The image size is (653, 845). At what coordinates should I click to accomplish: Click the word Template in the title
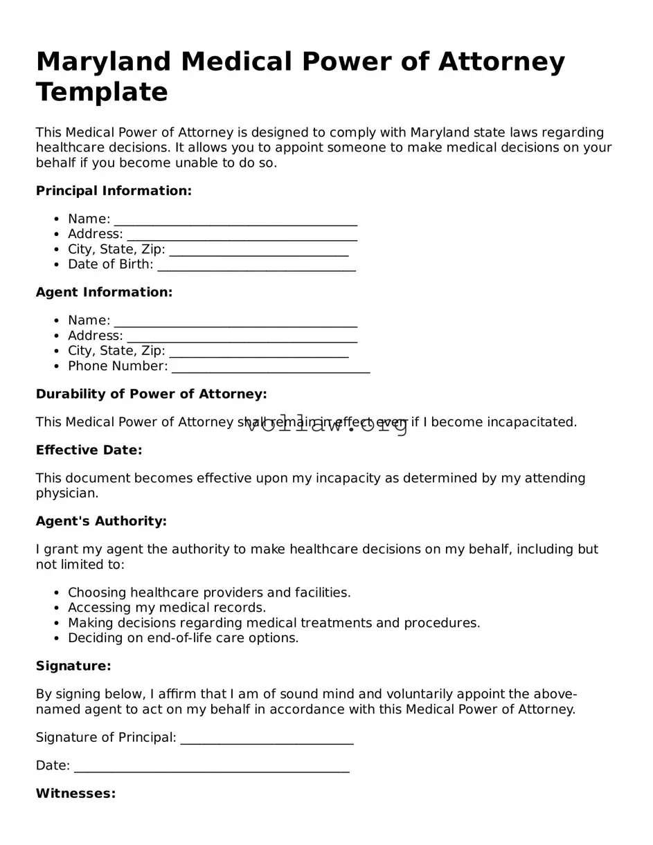click(x=102, y=92)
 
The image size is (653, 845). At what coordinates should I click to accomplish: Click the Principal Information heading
click(x=114, y=191)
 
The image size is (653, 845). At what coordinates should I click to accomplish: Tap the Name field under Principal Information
click(x=235, y=220)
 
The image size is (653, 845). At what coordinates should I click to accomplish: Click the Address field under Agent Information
click(x=242, y=337)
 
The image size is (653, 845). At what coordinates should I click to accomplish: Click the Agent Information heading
click(x=104, y=293)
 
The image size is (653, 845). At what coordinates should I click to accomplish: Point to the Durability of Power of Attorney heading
click(x=151, y=394)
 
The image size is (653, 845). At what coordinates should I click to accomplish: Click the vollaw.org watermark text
click(x=327, y=424)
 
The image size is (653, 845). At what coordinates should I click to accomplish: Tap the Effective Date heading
click(x=89, y=451)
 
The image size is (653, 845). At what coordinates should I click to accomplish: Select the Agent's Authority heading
click(x=101, y=521)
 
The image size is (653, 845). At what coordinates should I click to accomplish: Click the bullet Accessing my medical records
click(x=167, y=608)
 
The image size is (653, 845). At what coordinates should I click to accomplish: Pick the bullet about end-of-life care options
click(x=183, y=638)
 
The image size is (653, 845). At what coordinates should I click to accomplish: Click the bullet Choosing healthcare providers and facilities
click(x=209, y=592)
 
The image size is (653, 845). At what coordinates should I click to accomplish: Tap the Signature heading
click(x=73, y=666)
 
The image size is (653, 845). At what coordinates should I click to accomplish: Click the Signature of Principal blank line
click(x=267, y=739)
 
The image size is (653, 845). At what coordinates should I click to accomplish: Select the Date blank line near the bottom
click(x=211, y=767)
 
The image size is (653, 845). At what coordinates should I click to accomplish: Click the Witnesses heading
click(x=75, y=794)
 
